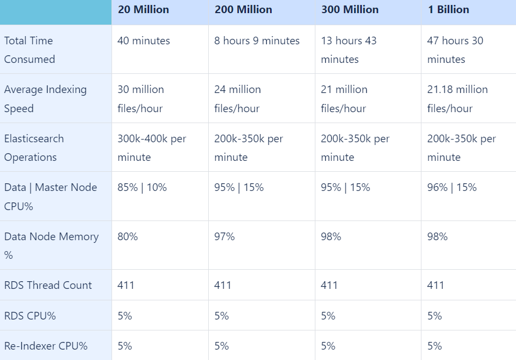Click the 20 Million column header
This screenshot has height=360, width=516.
tap(143, 10)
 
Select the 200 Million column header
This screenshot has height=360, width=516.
tap(243, 10)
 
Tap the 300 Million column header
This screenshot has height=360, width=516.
tap(350, 10)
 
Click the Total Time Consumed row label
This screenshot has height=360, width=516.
tap(30, 50)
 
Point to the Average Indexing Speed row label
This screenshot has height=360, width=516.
tap(45, 98)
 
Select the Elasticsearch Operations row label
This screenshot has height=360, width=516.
tap(34, 148)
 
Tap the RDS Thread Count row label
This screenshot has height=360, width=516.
tap(48, 285)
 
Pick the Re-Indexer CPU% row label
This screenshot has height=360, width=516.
tap(46, 346)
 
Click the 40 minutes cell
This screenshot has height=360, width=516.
tap(144, 40)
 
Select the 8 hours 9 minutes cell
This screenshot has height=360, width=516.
tap(257, 40)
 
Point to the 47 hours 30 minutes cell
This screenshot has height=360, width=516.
tap(455, 50)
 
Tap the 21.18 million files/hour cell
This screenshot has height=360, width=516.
tap(457, 98)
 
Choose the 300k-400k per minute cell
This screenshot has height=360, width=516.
tap(152, 148)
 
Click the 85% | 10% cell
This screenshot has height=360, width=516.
tap(142, 187)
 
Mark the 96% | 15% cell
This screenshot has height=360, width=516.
tap(451, 187)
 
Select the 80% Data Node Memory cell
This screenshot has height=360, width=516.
tap(128, 236)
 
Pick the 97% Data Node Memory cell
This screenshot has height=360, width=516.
tap(225, 236)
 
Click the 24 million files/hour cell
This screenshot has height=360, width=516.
tap(237, 98)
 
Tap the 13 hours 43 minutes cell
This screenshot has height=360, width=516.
tap(349, 50)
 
